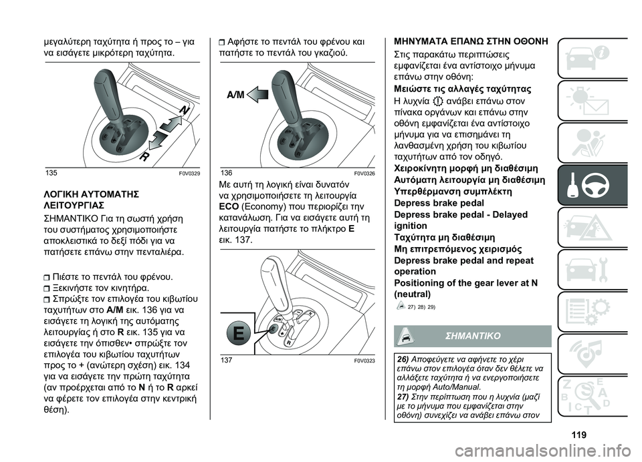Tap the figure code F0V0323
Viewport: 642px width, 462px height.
coord(363,360)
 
